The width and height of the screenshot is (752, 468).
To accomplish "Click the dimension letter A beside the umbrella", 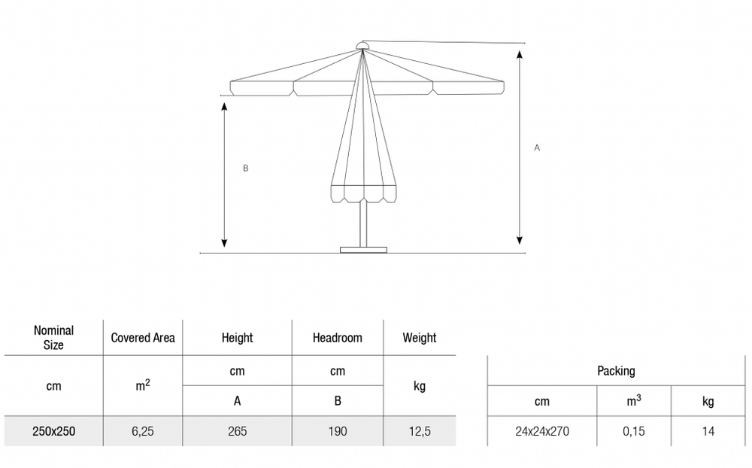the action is click(537, 147).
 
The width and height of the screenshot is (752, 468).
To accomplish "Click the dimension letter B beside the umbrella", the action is click(246, 168).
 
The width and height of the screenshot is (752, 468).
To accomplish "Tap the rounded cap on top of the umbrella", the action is click(362, 46).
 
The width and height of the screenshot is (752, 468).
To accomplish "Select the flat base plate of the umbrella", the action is click(363, 250).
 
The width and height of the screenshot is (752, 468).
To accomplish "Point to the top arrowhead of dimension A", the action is click(520, 54).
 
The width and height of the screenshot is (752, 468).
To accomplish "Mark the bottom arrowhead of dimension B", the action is click(224, 243).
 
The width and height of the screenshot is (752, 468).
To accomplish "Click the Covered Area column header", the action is click(143, 338).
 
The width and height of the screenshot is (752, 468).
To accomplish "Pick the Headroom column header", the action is click(337, 338).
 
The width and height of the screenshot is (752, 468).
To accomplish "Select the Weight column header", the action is click(419, 338).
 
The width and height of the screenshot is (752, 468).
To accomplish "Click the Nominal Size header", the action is click(53, 337).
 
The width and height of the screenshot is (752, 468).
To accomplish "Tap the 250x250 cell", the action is click(53, 431).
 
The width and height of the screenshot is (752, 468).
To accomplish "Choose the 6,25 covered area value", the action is click(143, 432).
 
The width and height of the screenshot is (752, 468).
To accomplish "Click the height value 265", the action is click(238, 431).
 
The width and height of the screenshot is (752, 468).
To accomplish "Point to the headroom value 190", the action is click(338, 431).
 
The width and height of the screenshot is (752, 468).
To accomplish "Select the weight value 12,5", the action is click(420, 432).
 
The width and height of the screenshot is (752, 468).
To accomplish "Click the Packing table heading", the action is click(617, 371).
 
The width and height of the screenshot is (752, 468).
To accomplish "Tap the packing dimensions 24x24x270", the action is click(542, 432).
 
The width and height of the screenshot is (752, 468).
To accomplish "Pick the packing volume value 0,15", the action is click(633, 432).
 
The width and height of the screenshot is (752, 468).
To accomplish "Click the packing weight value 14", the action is click(708, 432).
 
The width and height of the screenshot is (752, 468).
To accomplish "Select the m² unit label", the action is click(143, 385).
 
